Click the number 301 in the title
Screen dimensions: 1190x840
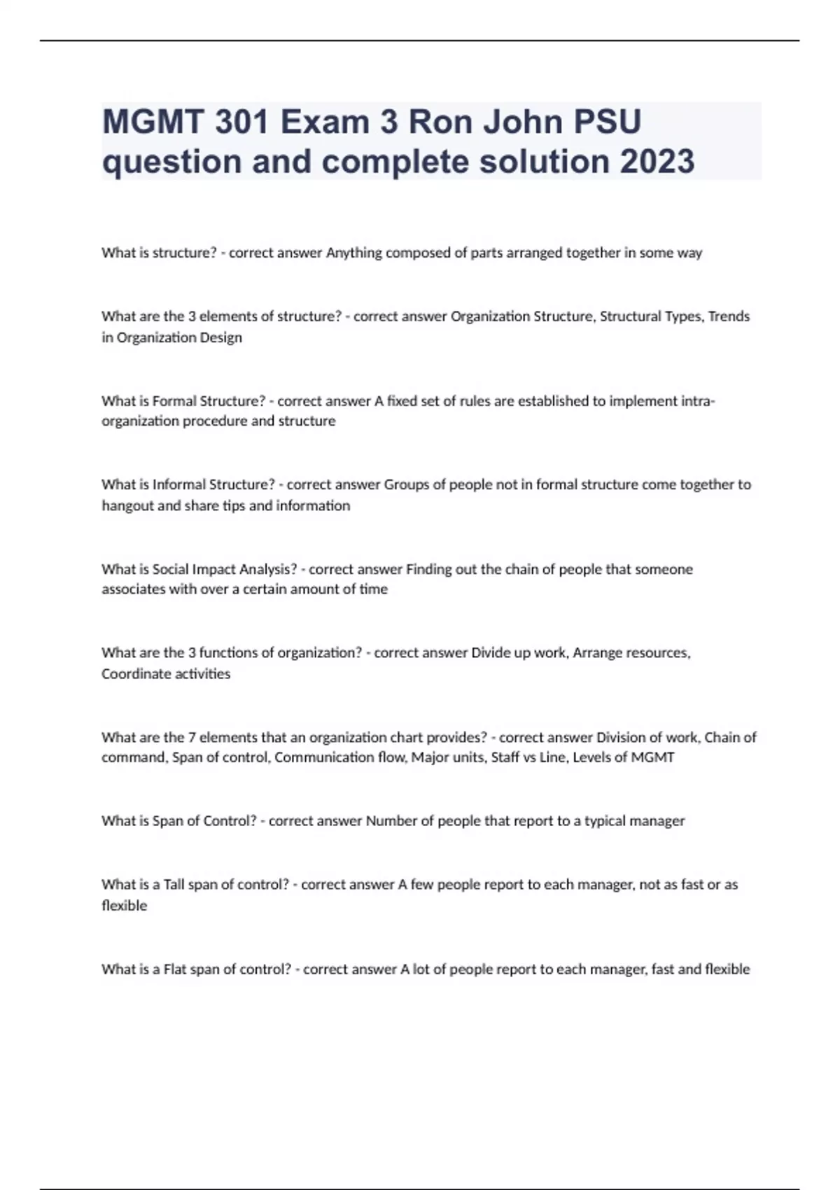tap(241, 122)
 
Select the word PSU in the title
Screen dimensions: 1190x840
tap(607, 122)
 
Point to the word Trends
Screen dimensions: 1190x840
tap(729, 316)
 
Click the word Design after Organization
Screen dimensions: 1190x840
tap(222, 337)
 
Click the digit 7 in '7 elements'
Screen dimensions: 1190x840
tap(192, 737)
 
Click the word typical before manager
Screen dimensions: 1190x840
tap(605, 821)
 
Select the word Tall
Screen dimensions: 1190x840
tap(174, 885)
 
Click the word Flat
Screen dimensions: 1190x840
tap(175, 969)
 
